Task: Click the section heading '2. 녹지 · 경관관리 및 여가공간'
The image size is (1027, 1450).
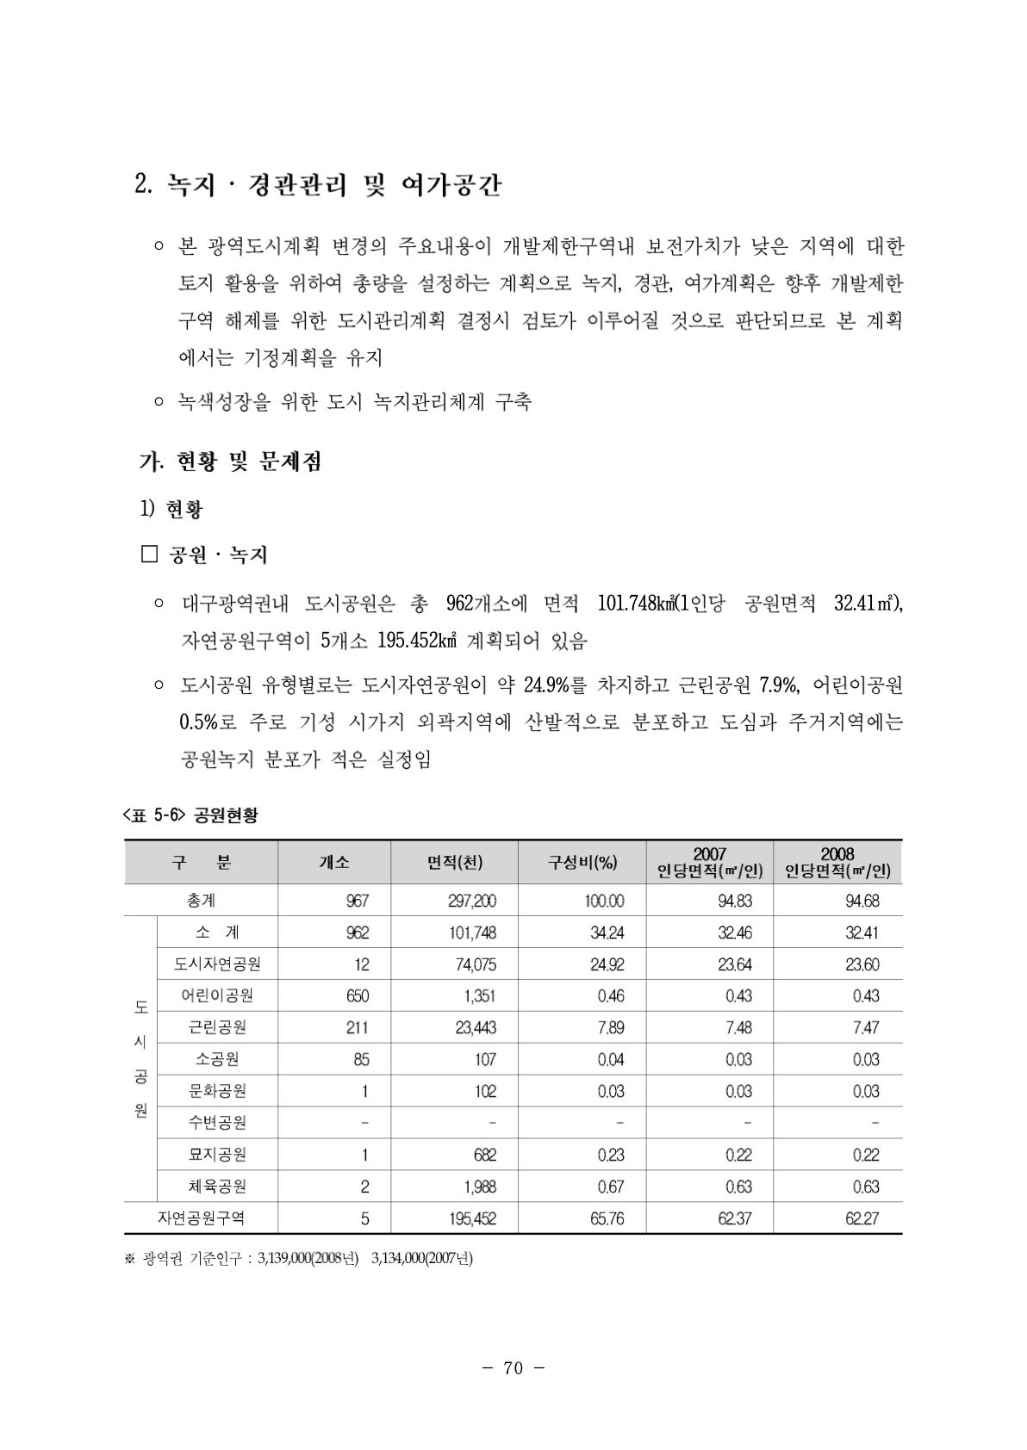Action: [x=318, y=185]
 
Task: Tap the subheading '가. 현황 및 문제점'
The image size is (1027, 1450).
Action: [x=230, y=462]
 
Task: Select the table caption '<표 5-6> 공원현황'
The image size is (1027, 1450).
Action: [x=190, y=815]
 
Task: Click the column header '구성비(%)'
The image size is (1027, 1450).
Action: [x=582, y=862]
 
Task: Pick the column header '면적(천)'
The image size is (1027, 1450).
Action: [x=454, y=862]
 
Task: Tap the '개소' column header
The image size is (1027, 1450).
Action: [x=334, y=862]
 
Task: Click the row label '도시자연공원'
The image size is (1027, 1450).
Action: [x=218, y=964]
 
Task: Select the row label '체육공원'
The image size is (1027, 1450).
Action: [x=218, y=1186]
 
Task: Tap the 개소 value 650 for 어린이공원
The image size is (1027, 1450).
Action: [x=357, y=995]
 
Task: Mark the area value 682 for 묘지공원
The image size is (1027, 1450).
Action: [x=484, y=1155]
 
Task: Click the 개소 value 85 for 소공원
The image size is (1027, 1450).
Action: [x=361, y=1059]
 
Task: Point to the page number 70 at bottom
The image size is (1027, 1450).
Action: [x=513, y=1368]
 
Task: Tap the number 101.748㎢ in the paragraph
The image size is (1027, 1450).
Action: [x=635, y=604]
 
